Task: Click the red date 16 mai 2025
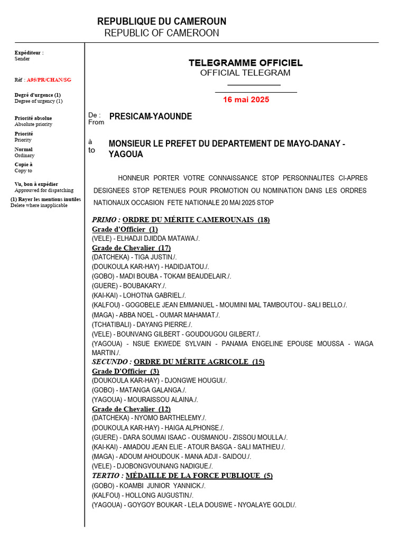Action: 246,100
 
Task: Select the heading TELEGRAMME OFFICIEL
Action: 246,63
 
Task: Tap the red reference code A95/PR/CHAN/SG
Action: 49,80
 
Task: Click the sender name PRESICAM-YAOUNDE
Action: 151,116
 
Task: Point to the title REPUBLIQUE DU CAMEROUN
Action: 162,22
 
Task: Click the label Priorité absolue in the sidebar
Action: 33,118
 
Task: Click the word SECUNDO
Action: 111,362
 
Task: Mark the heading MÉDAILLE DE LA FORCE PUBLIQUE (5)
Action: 199,475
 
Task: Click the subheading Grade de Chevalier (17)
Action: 131,248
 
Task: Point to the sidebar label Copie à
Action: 24,165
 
